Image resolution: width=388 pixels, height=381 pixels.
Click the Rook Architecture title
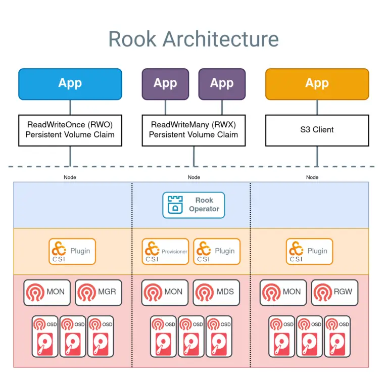click(193, 39)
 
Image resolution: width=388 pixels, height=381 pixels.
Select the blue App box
click(70, 84)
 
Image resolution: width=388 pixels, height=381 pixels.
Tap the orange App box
click(317, 84)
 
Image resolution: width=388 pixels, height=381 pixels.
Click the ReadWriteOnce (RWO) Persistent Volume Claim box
click(70, 130)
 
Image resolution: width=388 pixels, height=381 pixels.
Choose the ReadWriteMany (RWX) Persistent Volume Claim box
click(193, 130)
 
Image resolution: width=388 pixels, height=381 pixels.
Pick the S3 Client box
click(317, 130)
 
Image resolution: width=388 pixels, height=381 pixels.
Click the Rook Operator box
click(193, 205)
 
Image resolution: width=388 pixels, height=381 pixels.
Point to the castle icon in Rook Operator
click(175, 205)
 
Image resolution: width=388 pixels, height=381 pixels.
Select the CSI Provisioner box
click(165, 251)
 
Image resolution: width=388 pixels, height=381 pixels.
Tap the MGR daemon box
click(99, 292)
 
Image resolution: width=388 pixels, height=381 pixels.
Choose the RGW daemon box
click(334, 292)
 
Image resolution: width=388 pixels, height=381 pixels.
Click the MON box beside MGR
click(47, 292)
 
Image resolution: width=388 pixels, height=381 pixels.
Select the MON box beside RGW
click(283, 292)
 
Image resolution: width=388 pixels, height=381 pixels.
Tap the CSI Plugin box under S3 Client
click(310, 251)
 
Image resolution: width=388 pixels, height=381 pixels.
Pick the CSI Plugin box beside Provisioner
click(217, 251)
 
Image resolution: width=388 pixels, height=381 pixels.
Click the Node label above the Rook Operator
click(193, 177)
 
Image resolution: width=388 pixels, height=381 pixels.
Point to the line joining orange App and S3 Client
click(317, 107)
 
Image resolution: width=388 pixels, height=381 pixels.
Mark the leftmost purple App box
click(165, 84)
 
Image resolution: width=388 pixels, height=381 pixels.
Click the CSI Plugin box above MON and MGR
click(72, 251)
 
